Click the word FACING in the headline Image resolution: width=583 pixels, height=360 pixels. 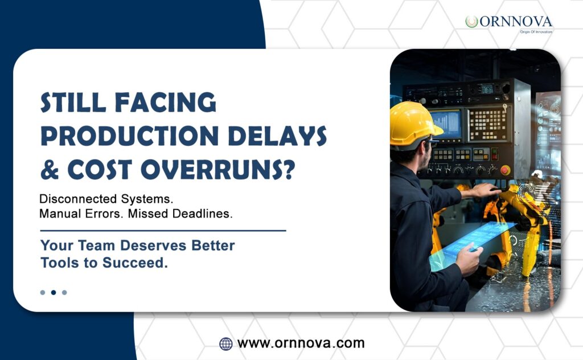point(165,103)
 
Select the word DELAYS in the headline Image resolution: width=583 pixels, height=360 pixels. point(277,136)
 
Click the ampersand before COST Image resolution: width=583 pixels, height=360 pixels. point(50,170)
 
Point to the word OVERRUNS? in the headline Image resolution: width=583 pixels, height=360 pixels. point(218,170)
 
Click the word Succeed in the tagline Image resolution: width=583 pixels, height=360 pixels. point(135,263)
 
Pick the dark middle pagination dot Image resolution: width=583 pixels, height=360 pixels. point(54,292)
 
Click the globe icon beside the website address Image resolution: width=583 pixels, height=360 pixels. point(225,343)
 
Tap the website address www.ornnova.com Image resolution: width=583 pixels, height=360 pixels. point(301,343)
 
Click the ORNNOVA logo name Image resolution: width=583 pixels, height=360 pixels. point(515,22)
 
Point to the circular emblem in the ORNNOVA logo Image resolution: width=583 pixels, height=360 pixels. point(471,22)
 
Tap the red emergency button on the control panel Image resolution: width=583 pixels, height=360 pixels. point(505,170)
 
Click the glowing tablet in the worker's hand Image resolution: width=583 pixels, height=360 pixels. point(472,244)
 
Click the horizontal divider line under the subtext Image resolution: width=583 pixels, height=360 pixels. point(163,231)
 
